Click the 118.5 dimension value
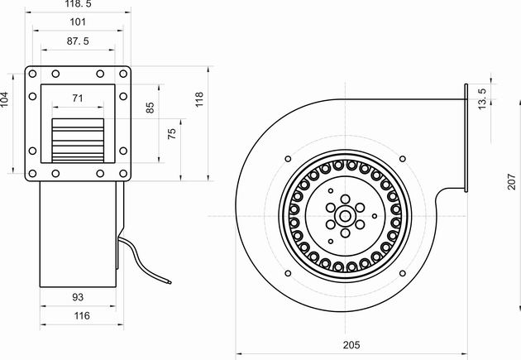click(79, 5)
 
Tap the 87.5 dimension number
click(79, 41)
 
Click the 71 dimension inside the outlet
click(78, 98)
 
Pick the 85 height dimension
click(150, 108)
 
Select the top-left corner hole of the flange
click(32, 74)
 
